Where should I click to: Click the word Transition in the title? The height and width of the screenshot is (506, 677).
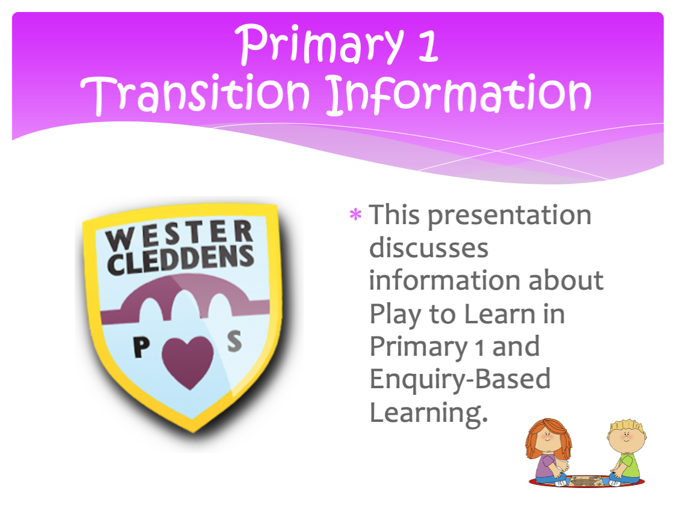point(195,94)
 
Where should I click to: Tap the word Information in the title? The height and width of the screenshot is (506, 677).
point(458,94)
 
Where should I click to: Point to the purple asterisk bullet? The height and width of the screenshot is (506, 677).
point(355,215)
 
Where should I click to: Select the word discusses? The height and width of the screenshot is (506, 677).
point(429,248)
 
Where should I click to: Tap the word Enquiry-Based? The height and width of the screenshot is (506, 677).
point(461,380)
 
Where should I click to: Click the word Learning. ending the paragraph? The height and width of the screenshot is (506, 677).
point(429,413)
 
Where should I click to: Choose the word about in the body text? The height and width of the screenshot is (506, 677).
point(566,281)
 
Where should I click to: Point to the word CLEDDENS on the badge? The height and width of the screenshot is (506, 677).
point(180,260)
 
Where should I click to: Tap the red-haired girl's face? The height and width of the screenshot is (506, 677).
point(548,438)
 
